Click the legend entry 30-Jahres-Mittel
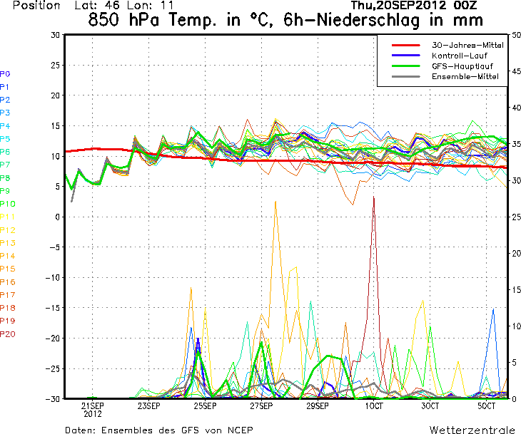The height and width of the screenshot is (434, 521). coord(467,45)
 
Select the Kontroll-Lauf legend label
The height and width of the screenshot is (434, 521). coord(458,55)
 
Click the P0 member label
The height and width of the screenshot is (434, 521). coord(5,73)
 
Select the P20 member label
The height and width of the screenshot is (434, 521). coord(7,334)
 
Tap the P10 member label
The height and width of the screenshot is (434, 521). coord(7,204)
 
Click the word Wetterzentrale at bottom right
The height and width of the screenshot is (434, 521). coord(472,430)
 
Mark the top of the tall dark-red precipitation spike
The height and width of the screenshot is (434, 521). coord(373,197)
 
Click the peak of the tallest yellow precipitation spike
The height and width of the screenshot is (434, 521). coord(275,201)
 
